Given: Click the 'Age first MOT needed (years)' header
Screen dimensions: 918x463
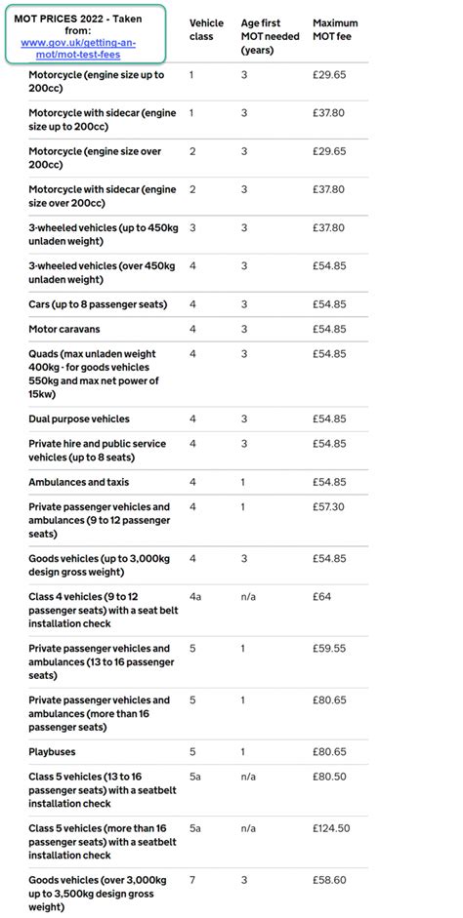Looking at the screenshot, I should point(271,36).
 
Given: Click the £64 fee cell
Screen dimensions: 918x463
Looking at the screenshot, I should point(323,597).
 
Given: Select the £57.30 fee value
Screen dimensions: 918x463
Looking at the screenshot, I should point(329,507).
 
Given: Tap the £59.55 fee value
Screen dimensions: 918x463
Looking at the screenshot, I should point(329,649).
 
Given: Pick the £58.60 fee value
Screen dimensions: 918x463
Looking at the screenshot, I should point(329,880).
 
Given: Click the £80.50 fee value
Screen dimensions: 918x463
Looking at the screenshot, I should point(329,778).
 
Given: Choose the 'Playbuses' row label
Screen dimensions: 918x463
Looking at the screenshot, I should point(52,752).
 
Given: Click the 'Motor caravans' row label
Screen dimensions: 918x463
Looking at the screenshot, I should point(64,329).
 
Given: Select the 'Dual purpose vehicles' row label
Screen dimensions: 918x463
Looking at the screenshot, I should point(79,419).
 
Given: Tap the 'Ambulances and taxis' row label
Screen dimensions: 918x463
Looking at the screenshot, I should point(78,482).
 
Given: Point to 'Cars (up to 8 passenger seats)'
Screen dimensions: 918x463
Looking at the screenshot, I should point(98,304).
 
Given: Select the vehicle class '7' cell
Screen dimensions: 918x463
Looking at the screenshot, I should point(191,880).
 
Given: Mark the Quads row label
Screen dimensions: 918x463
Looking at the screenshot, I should point(93,374).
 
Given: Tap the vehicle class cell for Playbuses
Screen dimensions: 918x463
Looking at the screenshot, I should point(191,752).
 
